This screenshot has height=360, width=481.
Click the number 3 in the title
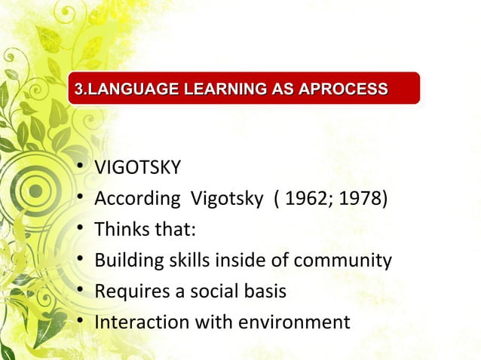coord(73,91)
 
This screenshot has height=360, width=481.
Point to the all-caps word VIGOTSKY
coord(137,167)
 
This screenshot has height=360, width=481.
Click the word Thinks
coord(120,230)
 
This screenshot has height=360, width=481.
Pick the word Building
coord(125,261)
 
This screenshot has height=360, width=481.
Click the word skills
coord(182,261)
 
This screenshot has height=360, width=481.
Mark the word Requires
coord(127,291)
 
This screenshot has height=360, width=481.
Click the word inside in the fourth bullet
coord(237,261)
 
